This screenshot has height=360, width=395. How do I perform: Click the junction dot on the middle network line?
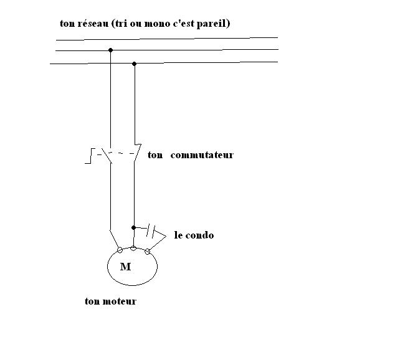coord(110,50)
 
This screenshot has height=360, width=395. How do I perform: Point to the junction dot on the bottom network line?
coord(135,63)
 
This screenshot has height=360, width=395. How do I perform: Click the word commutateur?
coord(201,155)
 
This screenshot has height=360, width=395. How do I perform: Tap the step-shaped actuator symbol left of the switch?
coord(90,156)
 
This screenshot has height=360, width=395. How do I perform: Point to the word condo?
coord(201,235)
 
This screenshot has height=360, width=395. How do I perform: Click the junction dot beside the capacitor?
coord(134,228)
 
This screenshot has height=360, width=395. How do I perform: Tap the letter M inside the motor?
coord(126,267)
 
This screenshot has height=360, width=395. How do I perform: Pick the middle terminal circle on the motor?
coord(133,248)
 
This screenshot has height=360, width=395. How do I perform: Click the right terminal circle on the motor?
coord(148,252)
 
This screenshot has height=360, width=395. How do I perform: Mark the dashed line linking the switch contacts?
coord(121,153)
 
